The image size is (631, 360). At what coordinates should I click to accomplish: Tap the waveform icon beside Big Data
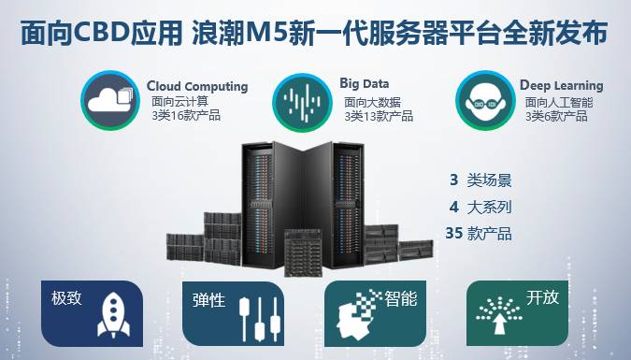tap(302, 102)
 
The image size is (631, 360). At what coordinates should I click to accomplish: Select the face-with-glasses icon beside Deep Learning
tap(485, 101)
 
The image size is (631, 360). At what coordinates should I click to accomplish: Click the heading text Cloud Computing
tap(197, 86)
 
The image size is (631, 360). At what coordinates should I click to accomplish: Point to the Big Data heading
tap(365, 83)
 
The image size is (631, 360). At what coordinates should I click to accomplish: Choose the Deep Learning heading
tap(562, 85)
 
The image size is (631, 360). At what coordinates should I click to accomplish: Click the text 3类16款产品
tap(186, 116)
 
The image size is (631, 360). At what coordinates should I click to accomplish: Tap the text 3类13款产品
tap(379, 116)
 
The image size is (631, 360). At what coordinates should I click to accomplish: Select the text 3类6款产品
tap(556, 116)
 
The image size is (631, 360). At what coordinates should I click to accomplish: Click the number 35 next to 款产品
tap(454, 233)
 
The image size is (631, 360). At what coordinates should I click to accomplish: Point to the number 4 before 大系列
tap(454, 207)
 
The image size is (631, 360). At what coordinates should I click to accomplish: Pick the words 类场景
tap(489, 180)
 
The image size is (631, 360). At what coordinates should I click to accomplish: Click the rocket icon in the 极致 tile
tap(113, 315)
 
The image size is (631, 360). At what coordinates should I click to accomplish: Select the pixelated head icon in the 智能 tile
tap(358, 314)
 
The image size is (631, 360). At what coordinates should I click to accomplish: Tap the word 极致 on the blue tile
tap(66, 298)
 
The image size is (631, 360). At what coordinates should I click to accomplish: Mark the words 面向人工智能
tap(559, 102)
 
